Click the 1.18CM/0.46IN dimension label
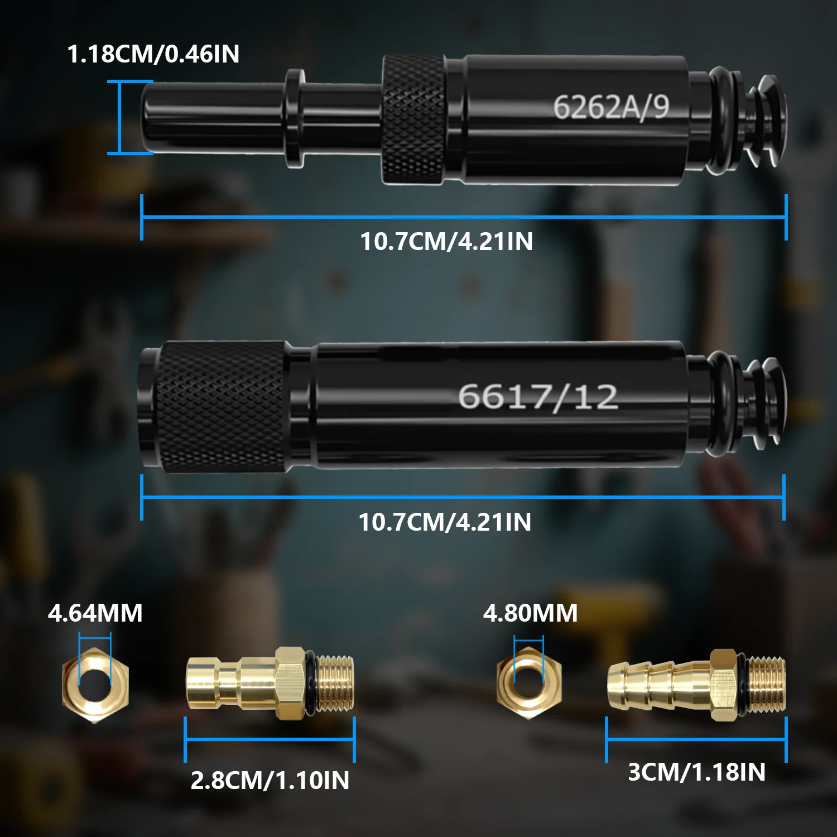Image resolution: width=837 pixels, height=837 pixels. point(153,54)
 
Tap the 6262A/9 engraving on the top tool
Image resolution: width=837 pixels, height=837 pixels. point(611,107)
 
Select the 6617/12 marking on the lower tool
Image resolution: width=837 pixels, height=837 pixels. point(538,397)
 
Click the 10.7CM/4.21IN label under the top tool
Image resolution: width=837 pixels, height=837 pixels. point(446,242)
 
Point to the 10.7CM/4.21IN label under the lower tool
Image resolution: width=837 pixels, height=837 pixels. point(445,522)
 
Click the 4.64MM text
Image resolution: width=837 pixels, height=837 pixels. point(95,613)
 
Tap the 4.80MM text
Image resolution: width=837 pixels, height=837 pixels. point(530,613)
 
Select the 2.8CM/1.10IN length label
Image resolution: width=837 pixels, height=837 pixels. point(270,781)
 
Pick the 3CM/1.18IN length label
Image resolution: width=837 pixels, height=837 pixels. point(696,772)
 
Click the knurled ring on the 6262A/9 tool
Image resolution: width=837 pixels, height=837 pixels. point(413,119)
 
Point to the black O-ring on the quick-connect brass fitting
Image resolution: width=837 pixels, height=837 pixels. point(310,684)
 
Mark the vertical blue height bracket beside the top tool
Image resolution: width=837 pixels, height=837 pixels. point(120,117)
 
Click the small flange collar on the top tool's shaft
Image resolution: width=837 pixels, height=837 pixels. point(295,118)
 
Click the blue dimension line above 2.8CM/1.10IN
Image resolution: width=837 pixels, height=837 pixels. point(270,740)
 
